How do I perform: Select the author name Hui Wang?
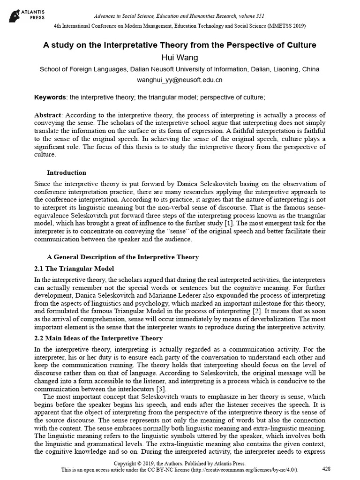tap(180, 58)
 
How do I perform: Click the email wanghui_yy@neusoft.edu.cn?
tap(180, 80)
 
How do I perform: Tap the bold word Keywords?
tap(50, 97)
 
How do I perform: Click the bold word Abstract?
tap(49, 115)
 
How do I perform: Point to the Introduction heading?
tap(67, 173)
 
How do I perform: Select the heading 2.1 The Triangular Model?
tap(74, 269)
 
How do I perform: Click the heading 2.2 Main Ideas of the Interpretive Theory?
tap(98, 338)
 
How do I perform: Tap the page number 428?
tap(327, 469)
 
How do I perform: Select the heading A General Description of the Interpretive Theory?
tap(123, 257)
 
